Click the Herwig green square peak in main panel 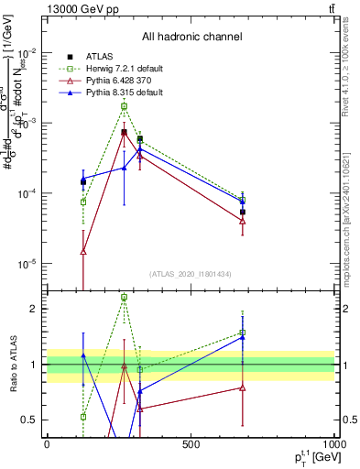coord(125,106)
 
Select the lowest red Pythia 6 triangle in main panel coord(83,251)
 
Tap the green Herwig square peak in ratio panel coord(125,298)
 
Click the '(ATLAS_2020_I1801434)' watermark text coord(191,274)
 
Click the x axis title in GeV coord(311,457)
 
